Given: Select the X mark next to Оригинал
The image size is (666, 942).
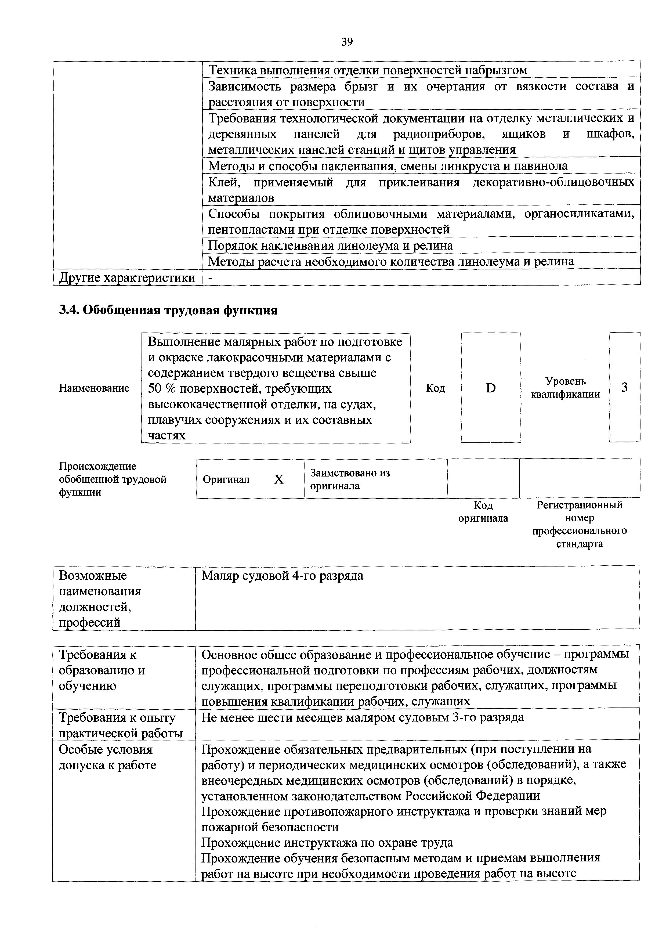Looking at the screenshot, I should (279, 479).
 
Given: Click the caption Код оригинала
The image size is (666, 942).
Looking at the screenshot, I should (483, 512).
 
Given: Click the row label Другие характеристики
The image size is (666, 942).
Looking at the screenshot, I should (127, 278).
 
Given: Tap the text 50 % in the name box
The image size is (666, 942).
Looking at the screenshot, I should (162, 388).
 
